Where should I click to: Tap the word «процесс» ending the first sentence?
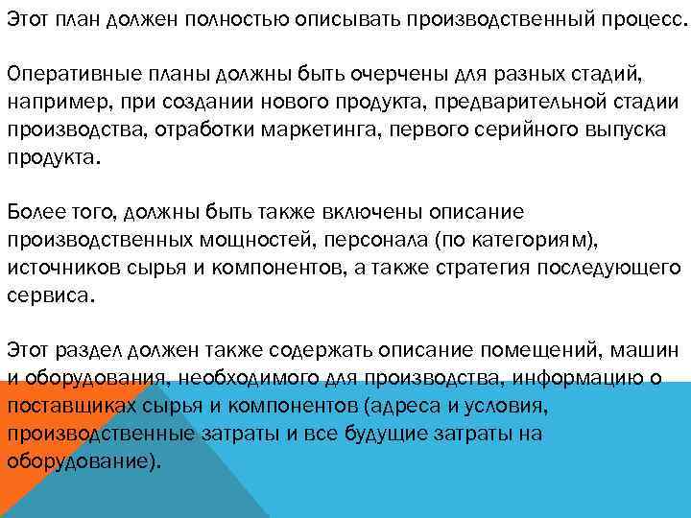click(x=642, y=22)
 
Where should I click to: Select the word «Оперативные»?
click(x=68, y=75)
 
